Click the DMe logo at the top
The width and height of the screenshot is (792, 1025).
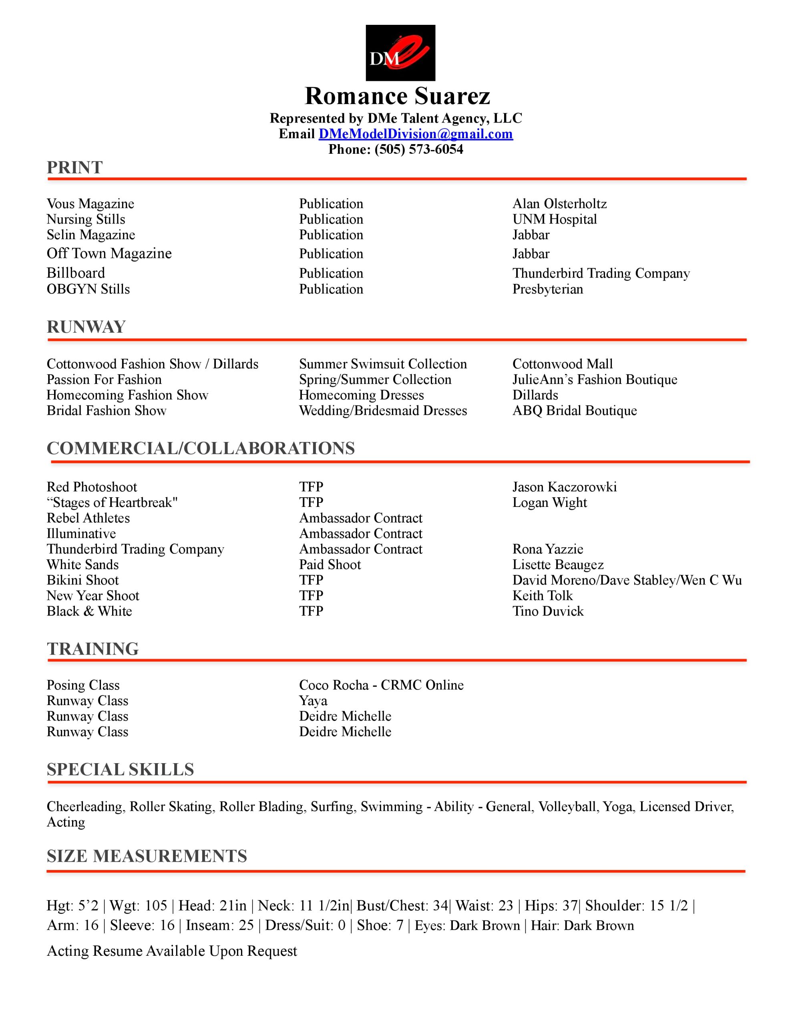400,52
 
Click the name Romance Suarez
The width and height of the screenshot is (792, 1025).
397,96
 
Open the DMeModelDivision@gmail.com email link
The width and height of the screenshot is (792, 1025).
416,134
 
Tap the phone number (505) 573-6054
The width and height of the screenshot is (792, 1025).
418,149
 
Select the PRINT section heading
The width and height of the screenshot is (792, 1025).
74,167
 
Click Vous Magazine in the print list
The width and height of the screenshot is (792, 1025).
90,204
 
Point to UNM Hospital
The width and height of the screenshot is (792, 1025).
555,219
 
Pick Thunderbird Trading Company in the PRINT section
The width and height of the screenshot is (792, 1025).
601,273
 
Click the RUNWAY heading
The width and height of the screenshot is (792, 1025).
86,327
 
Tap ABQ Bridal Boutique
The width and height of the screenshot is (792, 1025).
574,411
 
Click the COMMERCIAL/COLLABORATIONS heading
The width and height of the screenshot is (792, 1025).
201,448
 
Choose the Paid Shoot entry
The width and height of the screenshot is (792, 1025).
330,565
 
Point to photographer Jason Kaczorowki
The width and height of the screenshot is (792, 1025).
564,487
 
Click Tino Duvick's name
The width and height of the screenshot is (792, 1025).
548,611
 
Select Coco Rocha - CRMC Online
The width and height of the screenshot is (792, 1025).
381,685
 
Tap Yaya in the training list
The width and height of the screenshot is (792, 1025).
313,701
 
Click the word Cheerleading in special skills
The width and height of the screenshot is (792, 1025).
85,806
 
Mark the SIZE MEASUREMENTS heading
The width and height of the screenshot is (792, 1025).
147,856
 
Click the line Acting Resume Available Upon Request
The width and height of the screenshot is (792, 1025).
172,951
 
